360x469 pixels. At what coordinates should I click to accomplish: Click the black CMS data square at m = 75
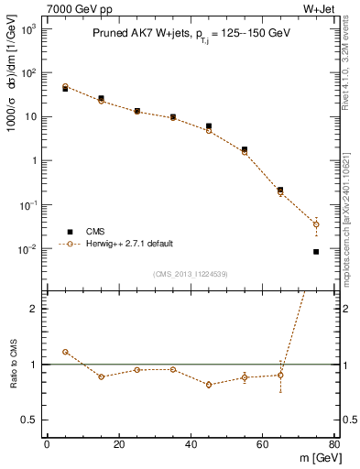click(316, 251)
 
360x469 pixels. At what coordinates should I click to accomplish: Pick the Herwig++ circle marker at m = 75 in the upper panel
click(316, 224)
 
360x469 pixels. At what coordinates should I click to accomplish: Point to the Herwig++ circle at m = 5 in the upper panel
click(65, 87)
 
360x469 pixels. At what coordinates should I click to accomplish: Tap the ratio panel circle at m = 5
click(65, 352)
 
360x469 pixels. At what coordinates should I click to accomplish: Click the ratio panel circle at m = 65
click(280, 375)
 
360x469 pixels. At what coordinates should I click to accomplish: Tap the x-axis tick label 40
click(191, 445)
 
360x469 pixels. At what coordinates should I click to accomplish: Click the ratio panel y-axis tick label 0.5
click(29, 420)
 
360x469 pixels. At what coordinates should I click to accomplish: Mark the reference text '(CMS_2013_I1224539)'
click(190, 274)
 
